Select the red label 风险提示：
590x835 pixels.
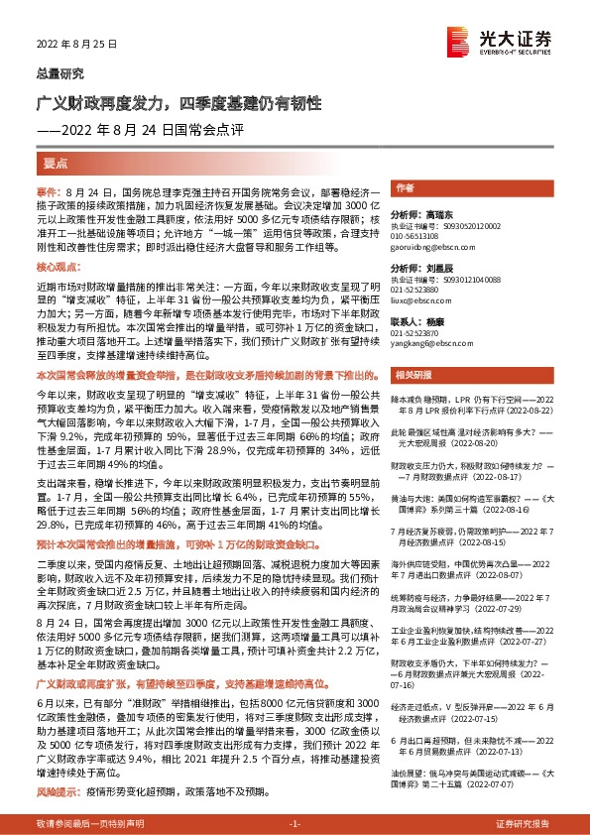(56, 765)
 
